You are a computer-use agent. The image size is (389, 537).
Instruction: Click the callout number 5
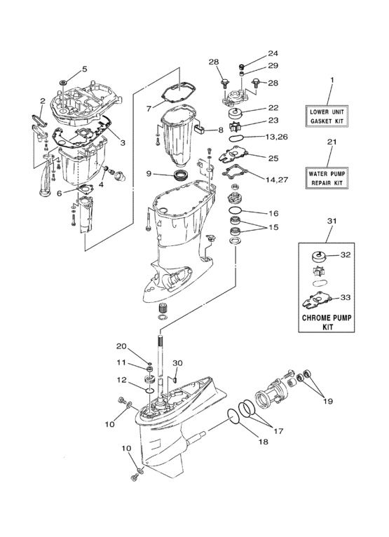(x=84, y=69)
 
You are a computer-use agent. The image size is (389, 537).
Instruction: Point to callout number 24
(x=273, y=53)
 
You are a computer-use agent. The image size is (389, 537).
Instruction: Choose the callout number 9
(x=149, y=173)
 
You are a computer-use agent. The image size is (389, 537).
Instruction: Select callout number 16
(x=273, y=212)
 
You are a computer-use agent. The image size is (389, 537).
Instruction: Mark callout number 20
(x=121, y=346)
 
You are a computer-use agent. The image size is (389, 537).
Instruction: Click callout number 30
(x=177, y=363)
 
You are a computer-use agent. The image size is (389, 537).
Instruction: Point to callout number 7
(x=149, y=109)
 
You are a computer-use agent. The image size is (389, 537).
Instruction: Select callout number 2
(x=42, y=101)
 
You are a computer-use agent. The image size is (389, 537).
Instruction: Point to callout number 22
(x=273, y=107)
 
